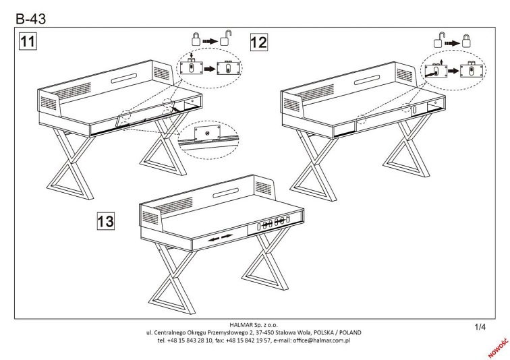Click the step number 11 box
coord(28,41)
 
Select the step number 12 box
coord(259,42)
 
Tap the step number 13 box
coord(106,221)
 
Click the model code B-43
coord(31,19)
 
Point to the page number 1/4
coord(480,327)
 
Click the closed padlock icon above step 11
coord(196,39)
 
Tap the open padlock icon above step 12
coord(438,40)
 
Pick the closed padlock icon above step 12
coord(467,41)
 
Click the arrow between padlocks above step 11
coord(210,41)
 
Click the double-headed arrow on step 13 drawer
coord(221,238)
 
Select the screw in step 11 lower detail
coord(207,133)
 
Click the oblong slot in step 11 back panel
coord(124,78)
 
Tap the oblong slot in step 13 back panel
coord(226,193)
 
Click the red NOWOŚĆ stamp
coord(499,348)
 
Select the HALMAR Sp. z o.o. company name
coord(254,324)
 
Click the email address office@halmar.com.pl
coord(321,340)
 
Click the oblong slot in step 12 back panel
coord(367,80)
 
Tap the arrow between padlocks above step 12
coord(453,44)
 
